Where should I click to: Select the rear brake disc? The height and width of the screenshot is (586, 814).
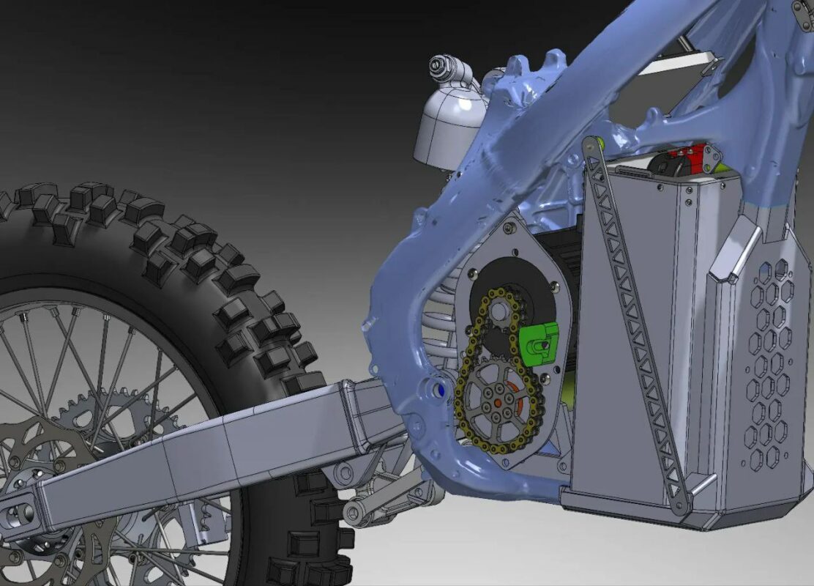(44, 469)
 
